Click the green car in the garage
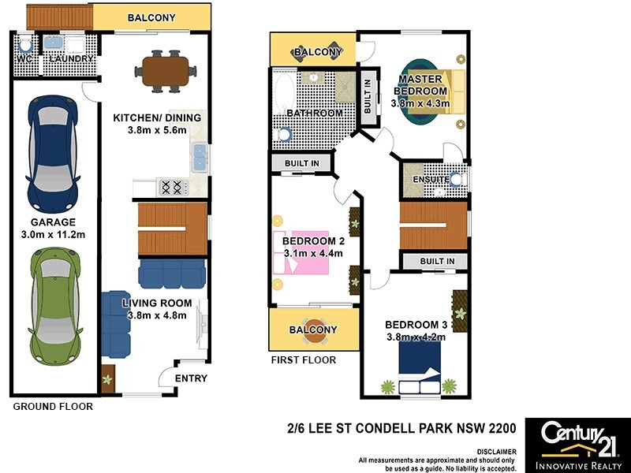[x=53, y=304]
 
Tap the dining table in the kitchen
[x=162, y=72]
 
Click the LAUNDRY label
[x=72, y=59]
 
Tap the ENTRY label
[x=190, y=378]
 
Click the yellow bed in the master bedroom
[x=445, y=91]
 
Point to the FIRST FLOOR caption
[x=303, y=360]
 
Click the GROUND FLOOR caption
[x=53, y=408]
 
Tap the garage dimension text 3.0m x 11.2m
[x=53, y=234]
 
